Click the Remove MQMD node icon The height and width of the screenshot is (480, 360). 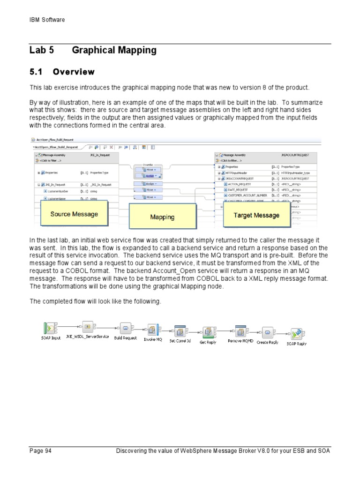tap(240, 331)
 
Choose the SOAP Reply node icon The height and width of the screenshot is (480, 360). tap(296, 333)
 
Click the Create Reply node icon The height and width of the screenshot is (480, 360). tap(267, 332)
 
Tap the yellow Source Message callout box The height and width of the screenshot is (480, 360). tap(75, 214)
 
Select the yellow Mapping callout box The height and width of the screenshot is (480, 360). tap(162, 217)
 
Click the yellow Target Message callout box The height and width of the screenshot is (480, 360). tap(256, 216)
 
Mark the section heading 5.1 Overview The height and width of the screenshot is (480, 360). tap(62, 72)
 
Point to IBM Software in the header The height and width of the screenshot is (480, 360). tap(47, 20)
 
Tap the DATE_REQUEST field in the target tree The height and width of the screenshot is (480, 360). tap(240, 190)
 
